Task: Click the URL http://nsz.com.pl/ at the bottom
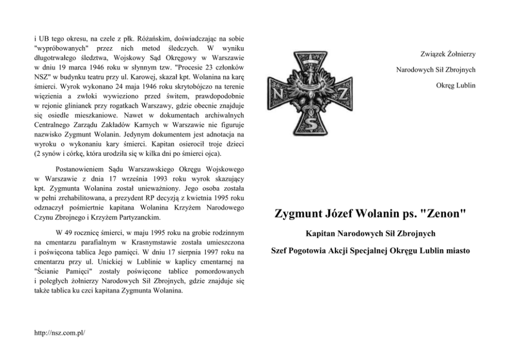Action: pyautogui.click(x=58, y=333)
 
